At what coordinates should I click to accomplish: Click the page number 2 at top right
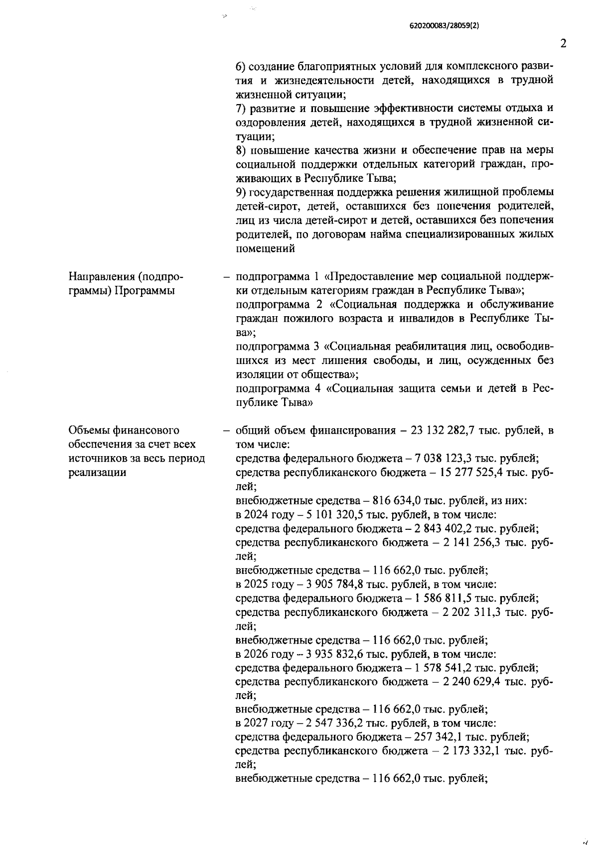click(x=564, y=43)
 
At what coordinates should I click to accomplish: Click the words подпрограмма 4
click(x=273, y=388)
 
